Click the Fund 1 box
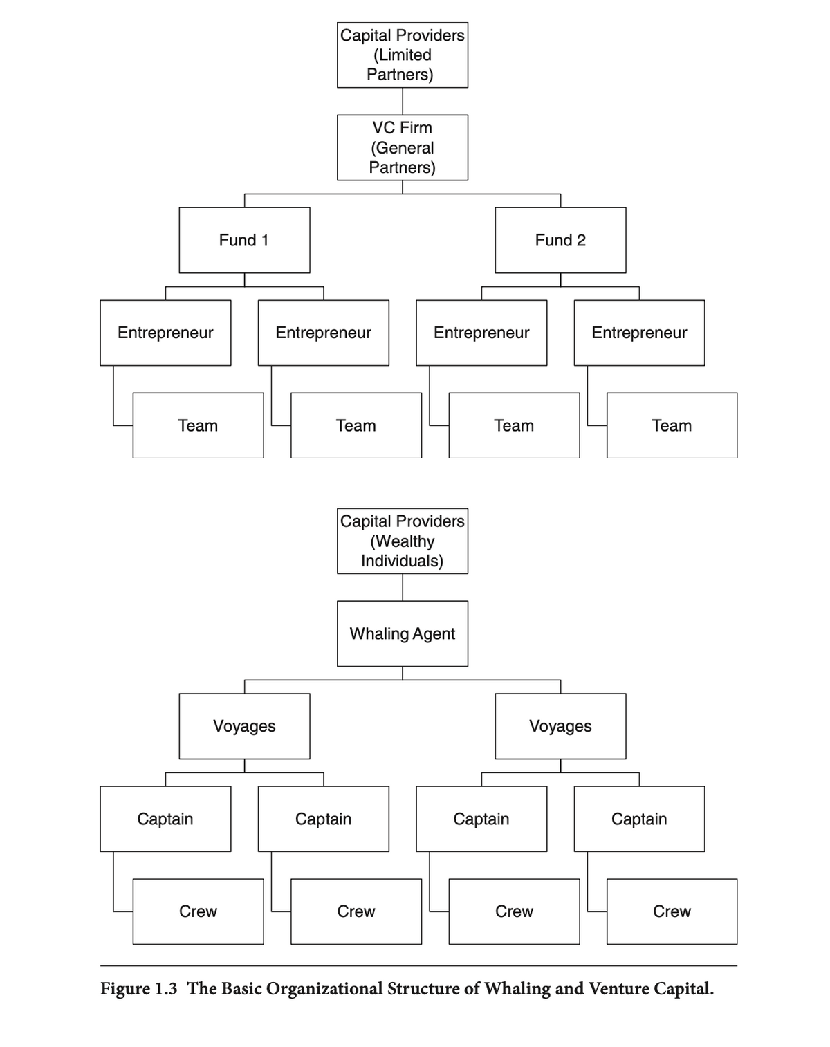244,240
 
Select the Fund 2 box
560,240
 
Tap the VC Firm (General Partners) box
402,147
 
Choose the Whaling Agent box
402,633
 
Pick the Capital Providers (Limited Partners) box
402,55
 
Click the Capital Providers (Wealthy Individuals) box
402,541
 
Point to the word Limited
403,55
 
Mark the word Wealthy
403,541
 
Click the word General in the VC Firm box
403,147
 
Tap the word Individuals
402,560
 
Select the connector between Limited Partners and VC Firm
403,101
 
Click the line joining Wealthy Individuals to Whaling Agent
403,587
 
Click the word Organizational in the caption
324,989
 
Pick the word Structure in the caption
423,989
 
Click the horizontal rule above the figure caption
418,965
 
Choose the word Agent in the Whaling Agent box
434,633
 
